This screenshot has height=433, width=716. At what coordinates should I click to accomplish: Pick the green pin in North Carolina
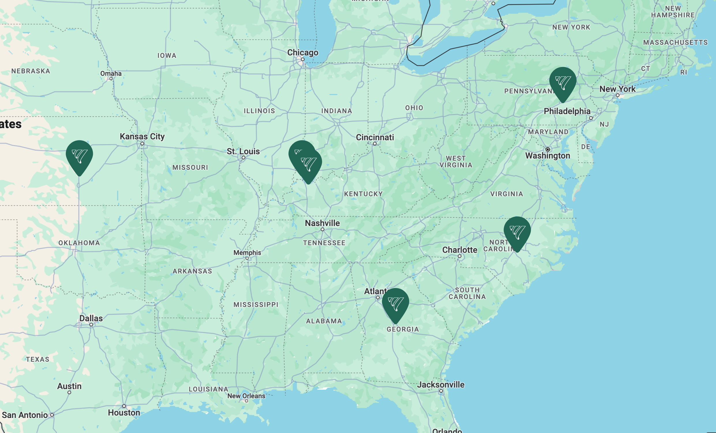(517, 232)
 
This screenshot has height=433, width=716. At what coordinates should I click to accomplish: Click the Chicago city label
(303, 53)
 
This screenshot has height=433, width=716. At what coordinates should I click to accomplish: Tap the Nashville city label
(322, 223)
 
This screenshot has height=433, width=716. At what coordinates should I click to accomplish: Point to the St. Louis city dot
(243, 158)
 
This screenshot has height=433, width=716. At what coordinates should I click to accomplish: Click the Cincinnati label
(375, 137)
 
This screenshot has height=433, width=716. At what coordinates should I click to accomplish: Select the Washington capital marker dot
(548, 150)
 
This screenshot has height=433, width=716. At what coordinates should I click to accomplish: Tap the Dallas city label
(91, 318)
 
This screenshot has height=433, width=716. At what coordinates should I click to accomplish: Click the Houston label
(124, 413)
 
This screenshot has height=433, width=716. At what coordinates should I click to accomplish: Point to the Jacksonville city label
(441, 385)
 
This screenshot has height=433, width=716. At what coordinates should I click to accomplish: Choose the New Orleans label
(246, 396)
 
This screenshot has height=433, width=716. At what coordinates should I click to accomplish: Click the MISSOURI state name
(190, 167)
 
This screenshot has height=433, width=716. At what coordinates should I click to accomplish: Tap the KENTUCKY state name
(363, 194)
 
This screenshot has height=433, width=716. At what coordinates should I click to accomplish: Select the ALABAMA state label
(324, 321)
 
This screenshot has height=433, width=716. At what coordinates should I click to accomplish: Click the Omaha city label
(111, 73)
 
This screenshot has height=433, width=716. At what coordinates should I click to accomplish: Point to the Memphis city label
(247, 252)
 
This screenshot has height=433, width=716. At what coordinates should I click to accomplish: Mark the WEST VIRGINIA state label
(456, 162)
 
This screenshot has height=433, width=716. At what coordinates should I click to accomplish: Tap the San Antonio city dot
(52, 415)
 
